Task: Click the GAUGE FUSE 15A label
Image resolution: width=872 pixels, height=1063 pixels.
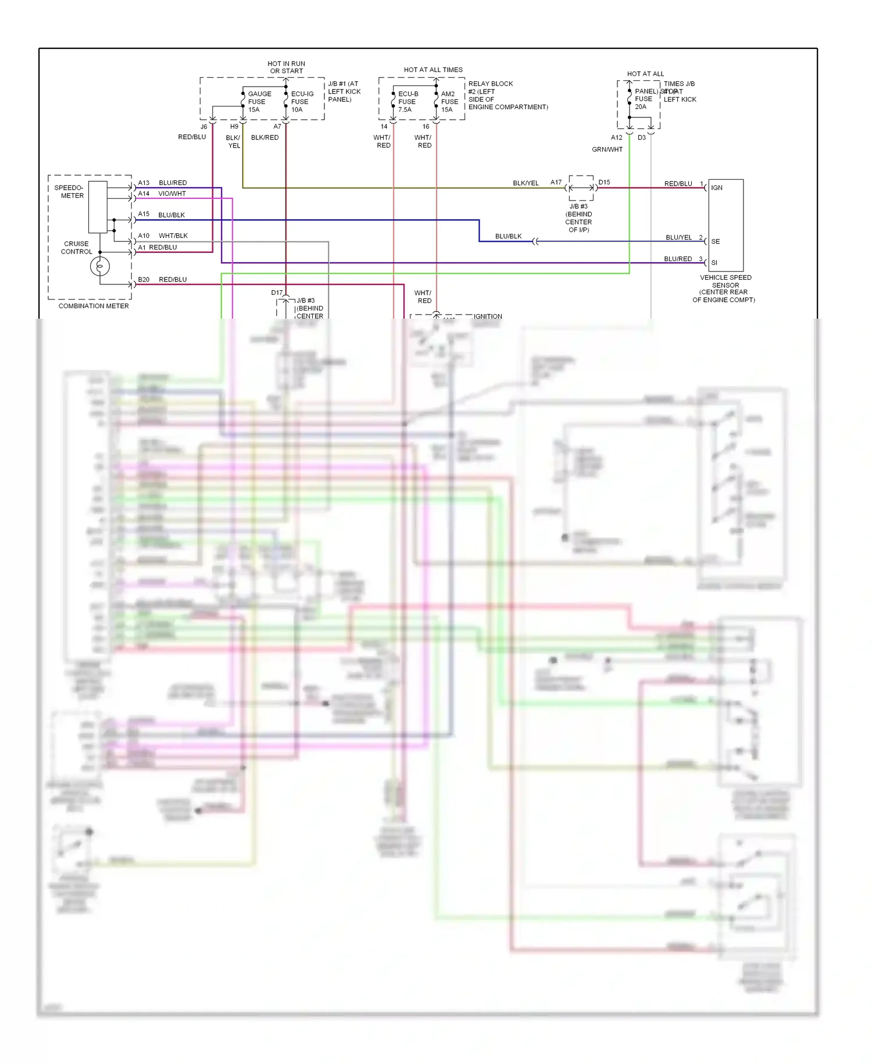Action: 259,102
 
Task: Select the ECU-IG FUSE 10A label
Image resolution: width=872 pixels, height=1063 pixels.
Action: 302,102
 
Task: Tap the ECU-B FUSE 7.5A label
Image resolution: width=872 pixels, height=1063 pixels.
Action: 408,102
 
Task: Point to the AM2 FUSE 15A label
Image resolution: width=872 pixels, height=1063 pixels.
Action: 449,102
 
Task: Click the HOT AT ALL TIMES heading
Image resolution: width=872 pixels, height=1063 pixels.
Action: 433,70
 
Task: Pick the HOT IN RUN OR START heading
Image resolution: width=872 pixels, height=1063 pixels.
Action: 286,67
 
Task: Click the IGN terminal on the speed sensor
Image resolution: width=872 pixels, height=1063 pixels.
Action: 717,188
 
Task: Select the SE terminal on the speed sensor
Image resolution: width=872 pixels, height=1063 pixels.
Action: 716,241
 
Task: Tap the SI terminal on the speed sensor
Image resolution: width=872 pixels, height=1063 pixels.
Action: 714,263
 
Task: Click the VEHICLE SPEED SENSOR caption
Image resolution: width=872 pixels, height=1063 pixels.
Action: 724,288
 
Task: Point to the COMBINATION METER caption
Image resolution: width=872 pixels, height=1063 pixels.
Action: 94,306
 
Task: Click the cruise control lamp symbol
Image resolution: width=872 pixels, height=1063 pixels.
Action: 100,266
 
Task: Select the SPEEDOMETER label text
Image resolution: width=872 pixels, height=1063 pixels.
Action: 69,192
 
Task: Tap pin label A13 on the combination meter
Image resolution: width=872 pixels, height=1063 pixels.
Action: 144,183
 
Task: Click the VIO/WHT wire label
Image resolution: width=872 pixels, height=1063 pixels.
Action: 172,194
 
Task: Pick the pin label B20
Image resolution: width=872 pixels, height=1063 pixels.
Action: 144,280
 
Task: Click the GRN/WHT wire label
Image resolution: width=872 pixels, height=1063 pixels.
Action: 607,149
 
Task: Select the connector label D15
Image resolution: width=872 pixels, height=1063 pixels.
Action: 605,182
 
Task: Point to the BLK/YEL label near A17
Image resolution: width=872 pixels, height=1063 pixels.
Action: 526,183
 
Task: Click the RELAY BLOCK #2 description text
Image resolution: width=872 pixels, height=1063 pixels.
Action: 508,95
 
